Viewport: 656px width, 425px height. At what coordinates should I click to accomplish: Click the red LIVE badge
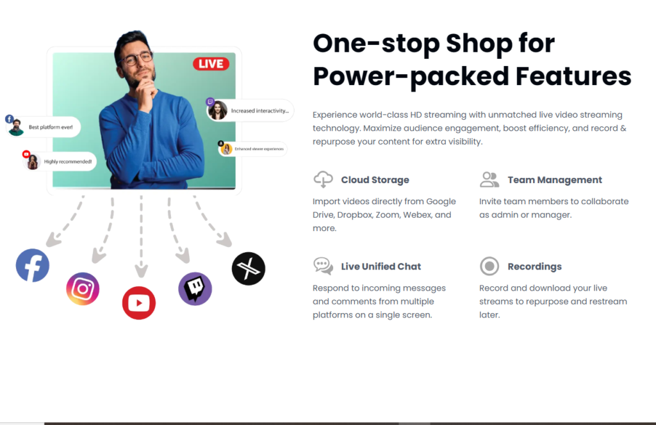(x=211, y=63)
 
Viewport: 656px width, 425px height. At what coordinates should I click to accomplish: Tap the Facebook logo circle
(x=33, y=266)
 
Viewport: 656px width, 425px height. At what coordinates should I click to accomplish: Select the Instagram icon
(x=83, y=289)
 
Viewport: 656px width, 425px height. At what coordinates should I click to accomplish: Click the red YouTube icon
(x=139, y=303)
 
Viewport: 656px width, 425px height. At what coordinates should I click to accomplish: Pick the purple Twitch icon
(x=195, y=289)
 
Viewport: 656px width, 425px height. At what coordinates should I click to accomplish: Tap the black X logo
(x=249, y=269)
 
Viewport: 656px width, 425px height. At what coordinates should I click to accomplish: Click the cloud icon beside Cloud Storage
(x=324, y=179)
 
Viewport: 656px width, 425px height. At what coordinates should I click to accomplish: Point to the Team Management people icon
(x=489, y=179)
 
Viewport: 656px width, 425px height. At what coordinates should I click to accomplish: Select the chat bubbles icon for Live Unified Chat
(x=324, y=266)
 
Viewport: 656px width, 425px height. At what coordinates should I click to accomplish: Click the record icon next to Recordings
(x=489, y=266)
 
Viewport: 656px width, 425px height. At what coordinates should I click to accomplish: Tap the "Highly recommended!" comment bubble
(x=60, y=161)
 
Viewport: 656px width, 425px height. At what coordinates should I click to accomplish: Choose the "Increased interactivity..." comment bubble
(x=250, y=110)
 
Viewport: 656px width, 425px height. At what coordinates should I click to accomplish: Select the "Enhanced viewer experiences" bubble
(x=252, y=148)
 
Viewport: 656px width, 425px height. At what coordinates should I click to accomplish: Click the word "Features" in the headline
(x=573, y=76)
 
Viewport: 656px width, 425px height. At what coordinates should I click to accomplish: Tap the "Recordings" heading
(x=535, y=266)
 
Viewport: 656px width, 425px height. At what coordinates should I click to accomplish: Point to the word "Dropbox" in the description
(x=354, y=215)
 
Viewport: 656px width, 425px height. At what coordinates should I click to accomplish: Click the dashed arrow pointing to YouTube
(x=142, y=237)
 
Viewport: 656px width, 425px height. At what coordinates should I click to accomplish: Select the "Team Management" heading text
(x=555, y=180)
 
